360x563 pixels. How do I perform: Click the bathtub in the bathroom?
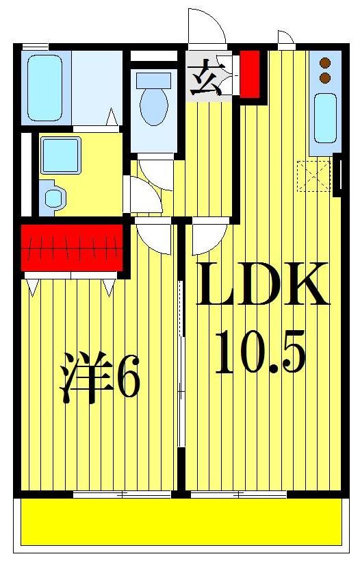45,87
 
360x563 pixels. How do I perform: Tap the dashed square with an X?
313,175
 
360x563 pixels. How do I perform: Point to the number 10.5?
259,351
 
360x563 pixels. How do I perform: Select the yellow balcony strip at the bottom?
181,522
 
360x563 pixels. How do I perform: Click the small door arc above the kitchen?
286,38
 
